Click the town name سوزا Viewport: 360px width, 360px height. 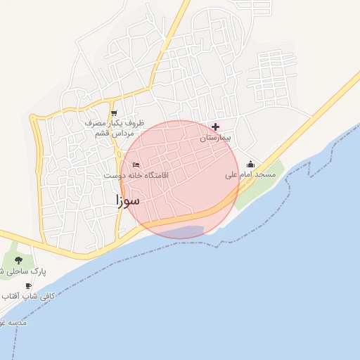(128, 200)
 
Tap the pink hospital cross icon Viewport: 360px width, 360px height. (215, 127)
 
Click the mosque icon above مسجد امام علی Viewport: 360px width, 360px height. (250, 164)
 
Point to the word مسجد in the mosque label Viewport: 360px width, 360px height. (265, 174)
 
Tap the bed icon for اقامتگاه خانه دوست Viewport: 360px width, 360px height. (136, 165)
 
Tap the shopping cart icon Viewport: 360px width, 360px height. (114, 113)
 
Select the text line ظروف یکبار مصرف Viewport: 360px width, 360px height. (114, 123)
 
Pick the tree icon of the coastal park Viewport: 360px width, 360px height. (18, 260)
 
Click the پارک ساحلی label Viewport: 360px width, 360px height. (24, 271)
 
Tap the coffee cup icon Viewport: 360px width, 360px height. (28, 286)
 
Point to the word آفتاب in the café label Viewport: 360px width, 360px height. (11, 296)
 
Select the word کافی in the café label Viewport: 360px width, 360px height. (45, 296)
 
